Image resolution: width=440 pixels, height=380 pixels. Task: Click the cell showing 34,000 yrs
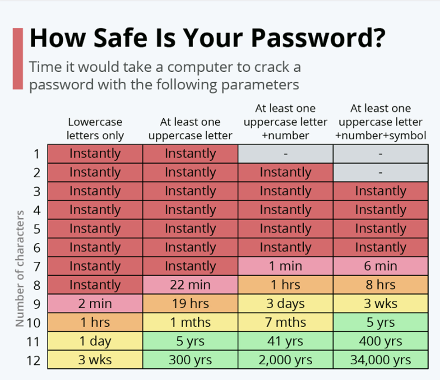click(x=380, y=360)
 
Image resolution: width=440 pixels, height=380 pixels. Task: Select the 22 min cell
click(x=190, y=285)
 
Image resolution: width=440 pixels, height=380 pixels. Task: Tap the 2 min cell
click(x=95, y=304)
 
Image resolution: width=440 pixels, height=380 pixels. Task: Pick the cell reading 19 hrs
click(x=190, y=304)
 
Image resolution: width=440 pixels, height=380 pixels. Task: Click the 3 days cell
click(x=285, y=304)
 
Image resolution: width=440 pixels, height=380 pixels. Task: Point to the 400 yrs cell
click(x=380, y=341)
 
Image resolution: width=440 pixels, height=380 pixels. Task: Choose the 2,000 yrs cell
click(x=285, y=360)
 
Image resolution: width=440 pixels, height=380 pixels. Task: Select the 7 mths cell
click(x=285, y=322)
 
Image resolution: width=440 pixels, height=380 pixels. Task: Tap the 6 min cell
click(x=380, y=266)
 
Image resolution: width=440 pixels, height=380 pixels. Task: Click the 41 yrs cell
click(x=285, y=341)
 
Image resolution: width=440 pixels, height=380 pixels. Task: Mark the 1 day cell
click(x=95, y=341)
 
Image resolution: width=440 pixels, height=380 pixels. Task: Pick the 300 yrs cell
click(x=190, y=360)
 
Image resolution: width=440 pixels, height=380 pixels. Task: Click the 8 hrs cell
click(x=380, y=285)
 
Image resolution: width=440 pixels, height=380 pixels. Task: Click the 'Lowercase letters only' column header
click(x=95, y=129)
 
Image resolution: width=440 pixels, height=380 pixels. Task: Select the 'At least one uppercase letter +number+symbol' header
click(x=380, y=122)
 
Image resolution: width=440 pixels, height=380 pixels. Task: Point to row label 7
click(x=37, y=267)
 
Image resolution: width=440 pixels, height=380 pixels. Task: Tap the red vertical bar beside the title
click(x=18, y=59)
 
